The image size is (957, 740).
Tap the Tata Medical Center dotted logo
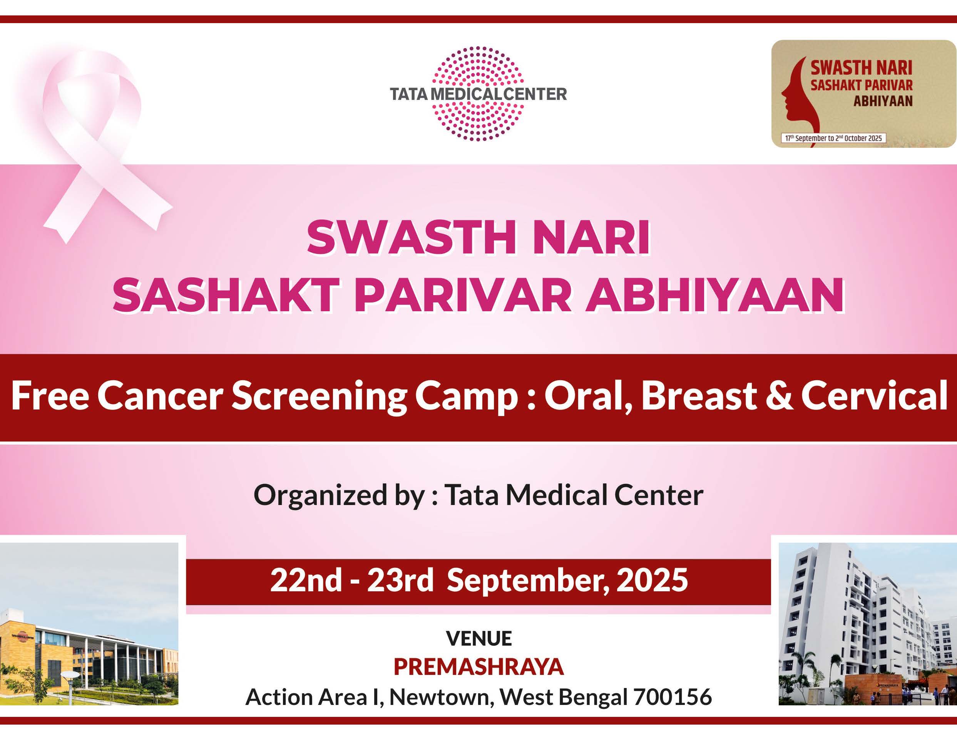(478, 94)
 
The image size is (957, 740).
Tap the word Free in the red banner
(50, 396)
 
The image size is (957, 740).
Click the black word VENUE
(478, 639)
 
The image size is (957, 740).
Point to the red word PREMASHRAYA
(478, 667)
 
